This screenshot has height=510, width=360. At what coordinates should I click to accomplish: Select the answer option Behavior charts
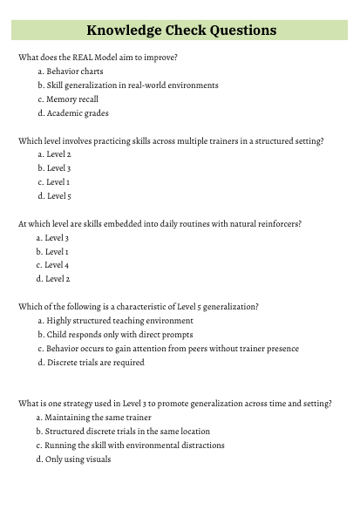pos(75,71)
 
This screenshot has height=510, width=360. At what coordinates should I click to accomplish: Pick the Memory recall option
pos(74,99)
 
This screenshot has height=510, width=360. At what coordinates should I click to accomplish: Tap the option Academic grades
pos(78,113)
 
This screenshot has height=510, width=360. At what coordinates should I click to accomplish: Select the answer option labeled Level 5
pos(58,196)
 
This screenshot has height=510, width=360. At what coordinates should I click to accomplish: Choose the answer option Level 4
pos(57,265)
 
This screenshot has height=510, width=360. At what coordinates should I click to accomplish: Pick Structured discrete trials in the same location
pos(127,432)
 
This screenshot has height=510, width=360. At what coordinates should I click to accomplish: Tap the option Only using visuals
pos(78,459)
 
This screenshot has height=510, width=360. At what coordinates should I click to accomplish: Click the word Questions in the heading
pos(236,31)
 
